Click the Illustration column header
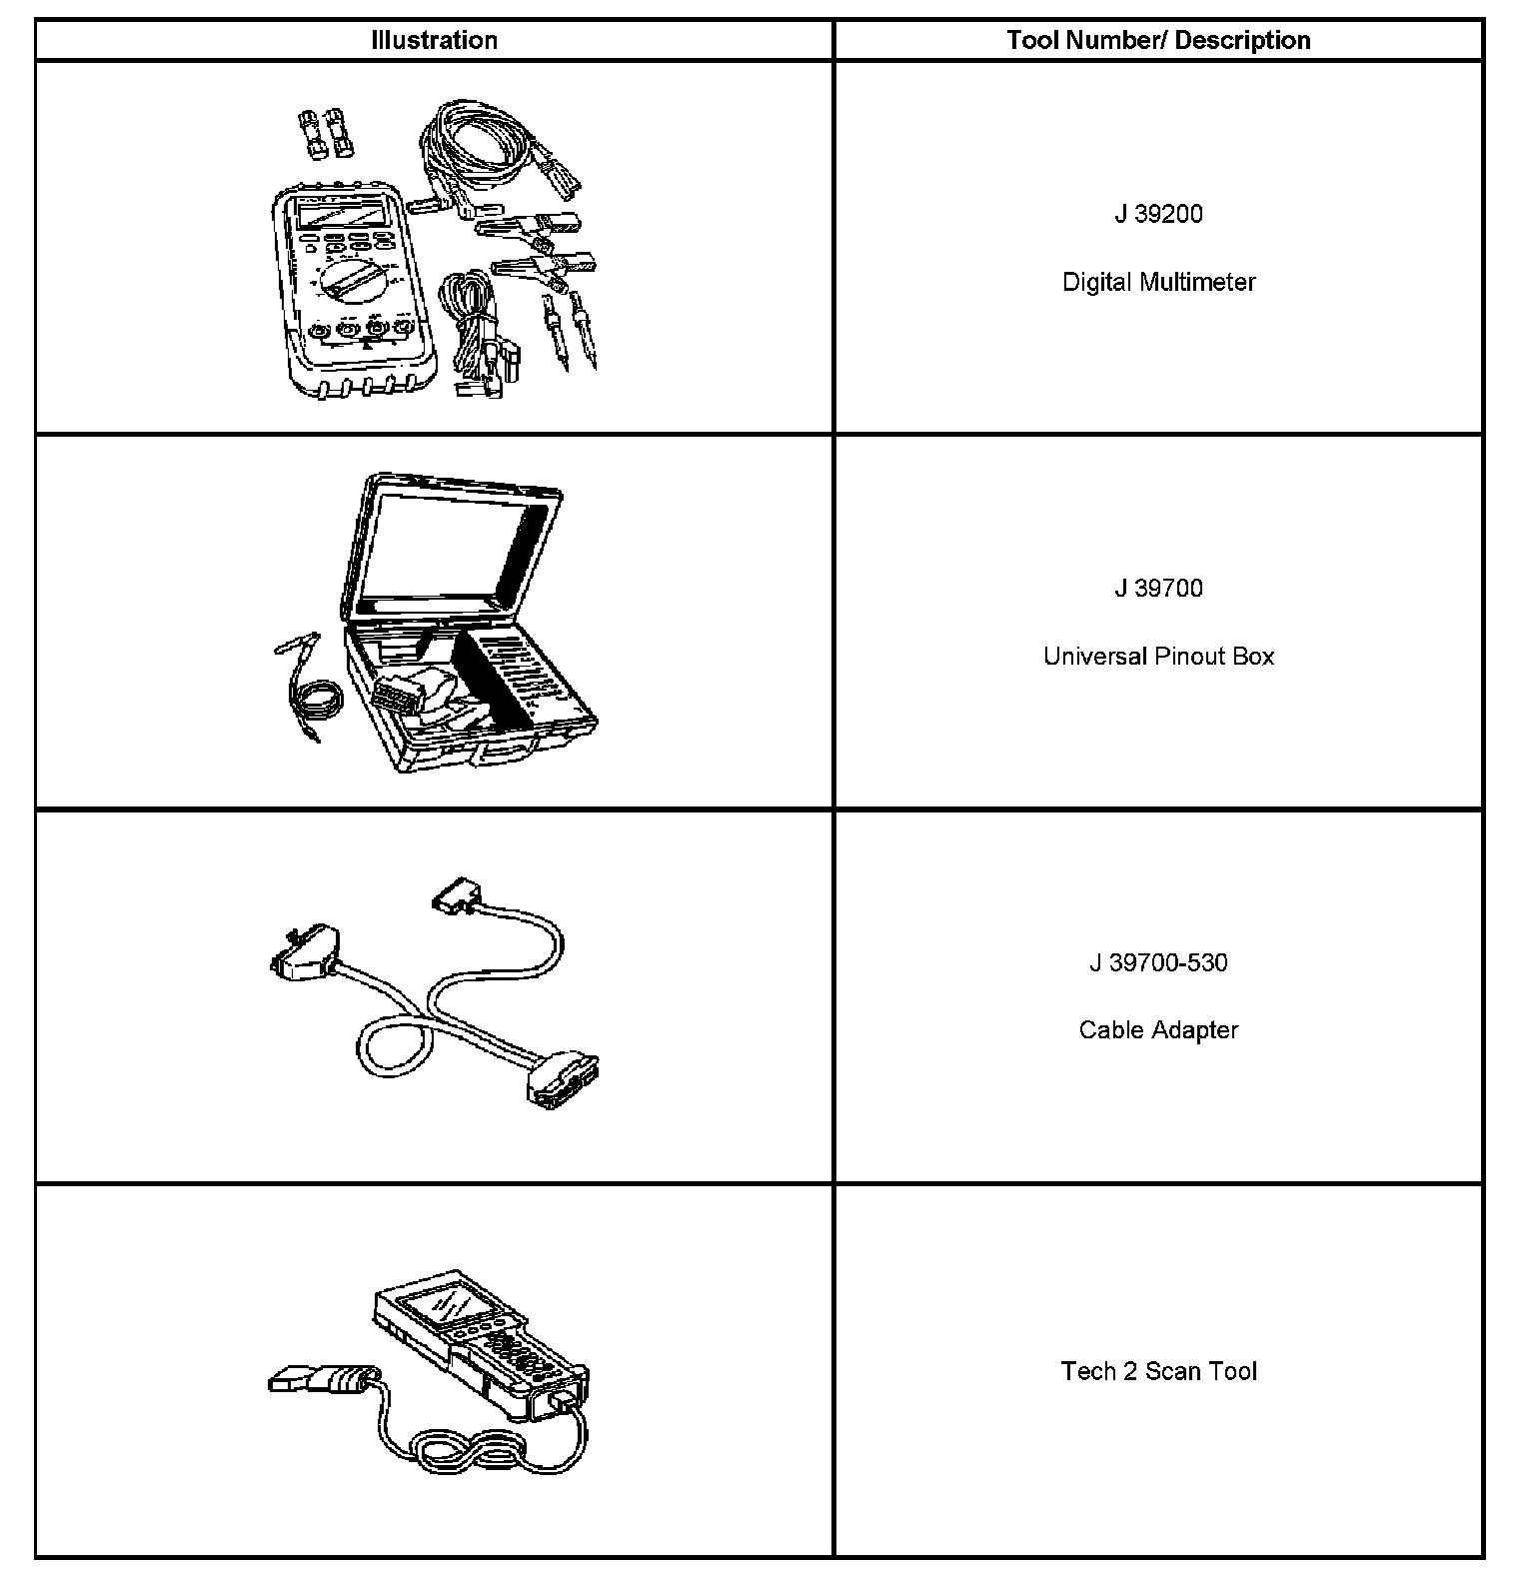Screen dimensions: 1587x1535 [x=434, y=41]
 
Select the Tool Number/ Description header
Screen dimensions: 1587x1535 [x=1158, y=41]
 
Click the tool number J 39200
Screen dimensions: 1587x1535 [x=1158, y=214]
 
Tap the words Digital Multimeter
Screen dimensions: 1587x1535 [x=1158, y=282]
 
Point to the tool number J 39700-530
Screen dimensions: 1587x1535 [x=1158, y=962]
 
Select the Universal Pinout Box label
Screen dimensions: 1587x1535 [x=1158, y=657]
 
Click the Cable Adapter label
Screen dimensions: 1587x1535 [x=1158, y=1030]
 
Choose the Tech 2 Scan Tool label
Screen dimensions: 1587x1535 [x=1158, y=1371]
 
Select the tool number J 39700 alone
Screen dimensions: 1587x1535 [x=1158, y=589]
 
